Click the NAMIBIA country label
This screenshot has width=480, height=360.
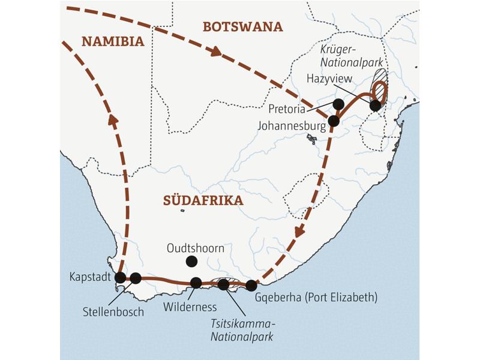(113, 42)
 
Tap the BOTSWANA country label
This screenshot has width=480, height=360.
(242, 26)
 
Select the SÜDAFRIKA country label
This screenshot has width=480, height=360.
(204, 200)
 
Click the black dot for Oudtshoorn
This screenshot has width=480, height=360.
(191, 261)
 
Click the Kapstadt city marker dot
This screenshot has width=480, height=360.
(120, 277)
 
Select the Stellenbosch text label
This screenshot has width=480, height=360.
(114, 312)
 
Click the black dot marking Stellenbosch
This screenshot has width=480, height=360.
(136, 278)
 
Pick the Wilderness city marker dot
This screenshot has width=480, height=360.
(196, 283)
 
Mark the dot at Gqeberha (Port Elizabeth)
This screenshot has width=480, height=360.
(251, 286)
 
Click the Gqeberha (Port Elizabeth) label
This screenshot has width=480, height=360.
(316, 297)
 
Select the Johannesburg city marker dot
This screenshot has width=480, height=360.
(334, 121)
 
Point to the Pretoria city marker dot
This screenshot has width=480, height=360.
(339, 104)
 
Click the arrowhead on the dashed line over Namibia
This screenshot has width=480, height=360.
(113, 119)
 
